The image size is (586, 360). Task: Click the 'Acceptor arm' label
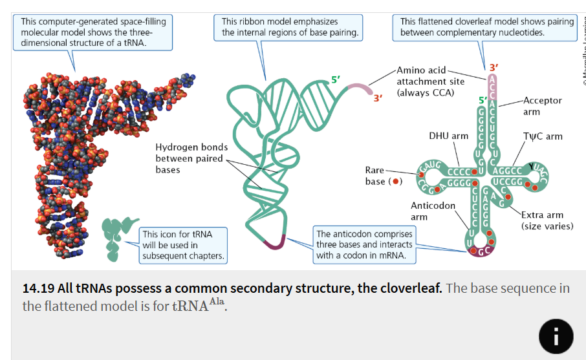(x=542, y=106)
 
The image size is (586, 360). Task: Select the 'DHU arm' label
(x=448, y=136)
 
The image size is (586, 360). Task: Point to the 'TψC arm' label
(x=543, y=136)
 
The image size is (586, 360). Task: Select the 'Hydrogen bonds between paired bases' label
(x=191, y=158)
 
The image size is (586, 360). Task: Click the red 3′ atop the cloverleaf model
(x=494, y=67)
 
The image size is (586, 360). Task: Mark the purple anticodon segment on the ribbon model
(x=275, y=244)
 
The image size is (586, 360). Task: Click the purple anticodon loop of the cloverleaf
(x=483, y=251)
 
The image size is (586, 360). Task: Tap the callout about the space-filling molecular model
(x=93, y=32)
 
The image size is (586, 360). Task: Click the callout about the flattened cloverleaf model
(x=486, y=27)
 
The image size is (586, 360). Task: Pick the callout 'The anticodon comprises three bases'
(x=364, y=244)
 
